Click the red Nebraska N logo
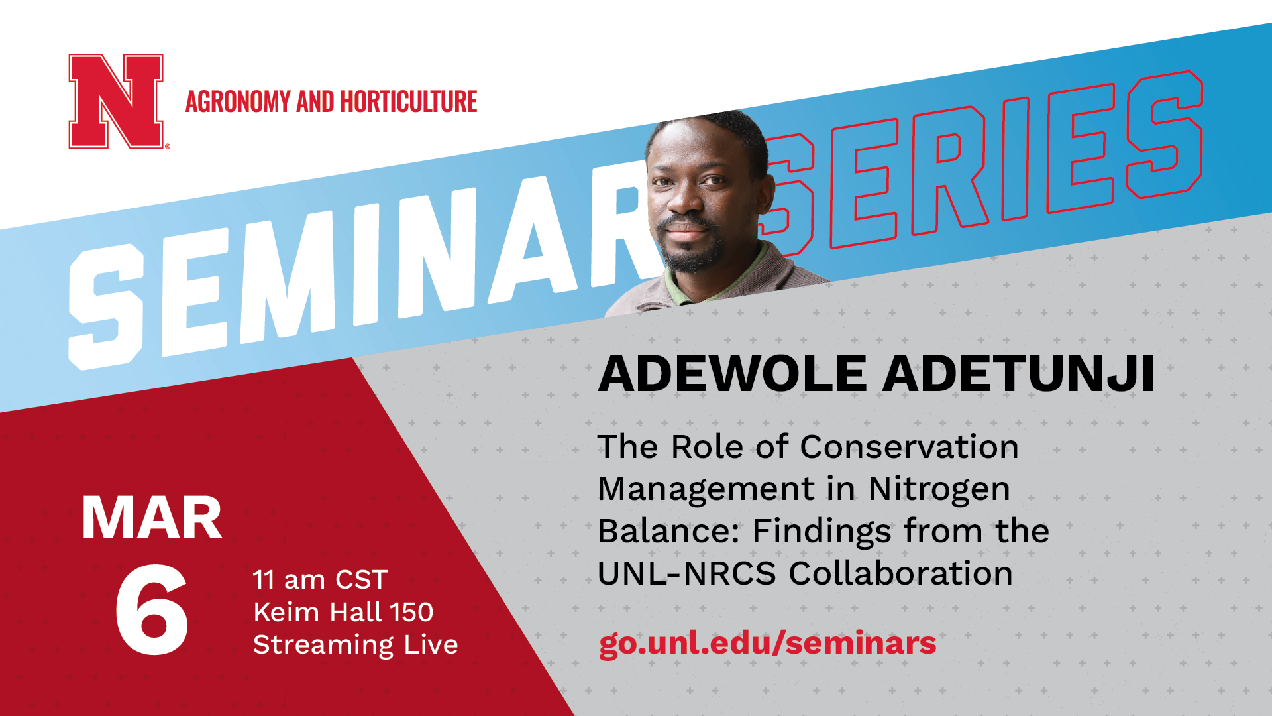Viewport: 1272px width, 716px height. (x=117, y=101)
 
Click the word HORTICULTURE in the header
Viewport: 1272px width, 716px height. (x=409, y=102)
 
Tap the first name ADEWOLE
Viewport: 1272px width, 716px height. (x=733, y=374)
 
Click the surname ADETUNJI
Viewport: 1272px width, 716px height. (x=1019, y=374)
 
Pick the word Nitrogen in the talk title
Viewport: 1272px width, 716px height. (x=939, y=490)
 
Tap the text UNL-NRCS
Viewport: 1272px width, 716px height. (x=686, y=573)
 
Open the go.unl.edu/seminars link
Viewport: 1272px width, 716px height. (x=767, y=644)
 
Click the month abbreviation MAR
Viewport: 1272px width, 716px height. (x=152, y=518)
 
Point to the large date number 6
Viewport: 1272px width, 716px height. (x=152, y=610)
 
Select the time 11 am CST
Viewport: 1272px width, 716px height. (x=320, y=580)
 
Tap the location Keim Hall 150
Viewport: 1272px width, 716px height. (x=343, y=612)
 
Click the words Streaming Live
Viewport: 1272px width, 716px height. (x=356, y=645)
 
